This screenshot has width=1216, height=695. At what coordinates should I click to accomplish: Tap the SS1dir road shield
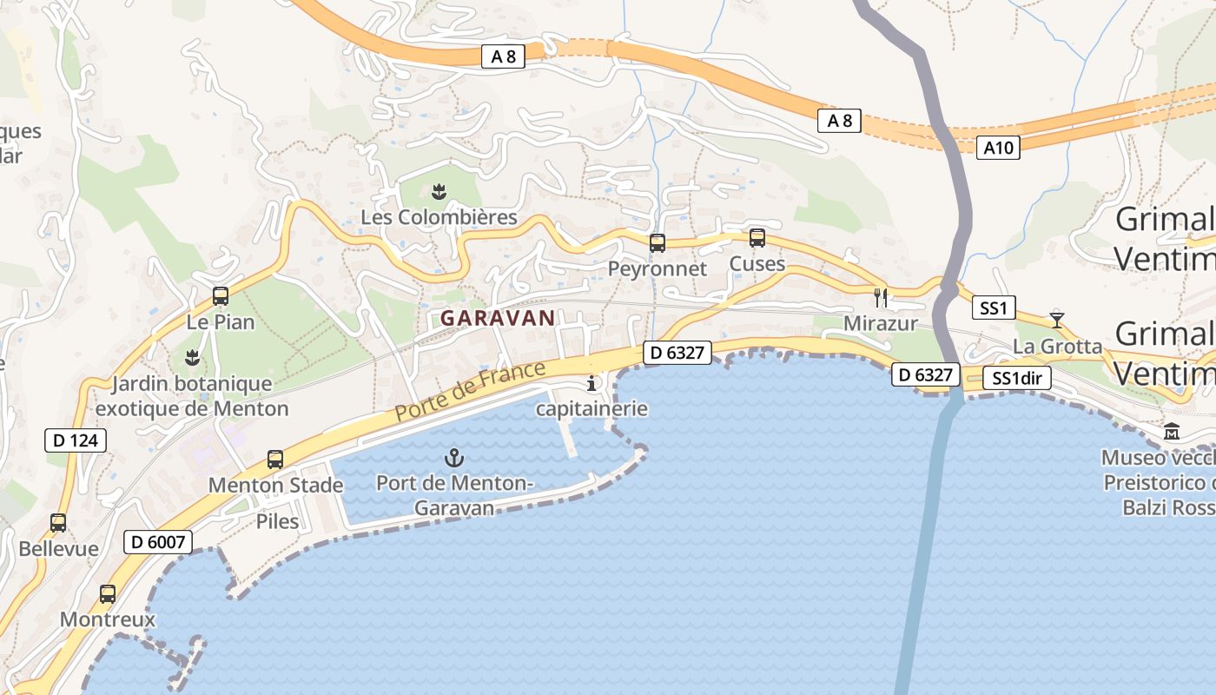point(1018,379)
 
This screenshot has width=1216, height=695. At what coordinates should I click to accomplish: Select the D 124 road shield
point(76,440)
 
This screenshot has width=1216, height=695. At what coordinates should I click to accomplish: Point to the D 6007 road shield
point(157,542)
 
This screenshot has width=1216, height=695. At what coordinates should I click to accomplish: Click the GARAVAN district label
point(497,318)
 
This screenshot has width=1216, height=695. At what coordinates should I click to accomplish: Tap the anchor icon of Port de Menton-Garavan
point(453,457)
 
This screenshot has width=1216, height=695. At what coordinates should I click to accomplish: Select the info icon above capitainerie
point(592,383)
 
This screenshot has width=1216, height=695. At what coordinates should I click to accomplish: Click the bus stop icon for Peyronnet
point(658,243)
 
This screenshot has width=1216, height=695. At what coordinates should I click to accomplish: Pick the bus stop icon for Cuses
point(757,238)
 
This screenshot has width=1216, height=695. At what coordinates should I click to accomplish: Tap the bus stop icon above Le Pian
point(221,296)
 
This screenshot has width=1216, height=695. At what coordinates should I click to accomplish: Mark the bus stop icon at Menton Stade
point(275,460)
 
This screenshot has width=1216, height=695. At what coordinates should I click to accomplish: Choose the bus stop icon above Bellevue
point(58,523)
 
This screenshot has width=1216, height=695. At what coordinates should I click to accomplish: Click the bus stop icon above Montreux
point(108,594)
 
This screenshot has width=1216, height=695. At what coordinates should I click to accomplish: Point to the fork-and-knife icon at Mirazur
point(881,298)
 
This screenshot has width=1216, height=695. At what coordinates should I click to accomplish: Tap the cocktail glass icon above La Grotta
point(1056,320)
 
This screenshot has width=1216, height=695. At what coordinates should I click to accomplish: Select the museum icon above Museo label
point(1172,431)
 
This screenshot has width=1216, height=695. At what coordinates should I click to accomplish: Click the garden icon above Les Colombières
point(439,191)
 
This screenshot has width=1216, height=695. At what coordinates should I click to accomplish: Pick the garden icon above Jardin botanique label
point(192,357)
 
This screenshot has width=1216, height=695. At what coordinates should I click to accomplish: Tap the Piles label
point(277,521)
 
